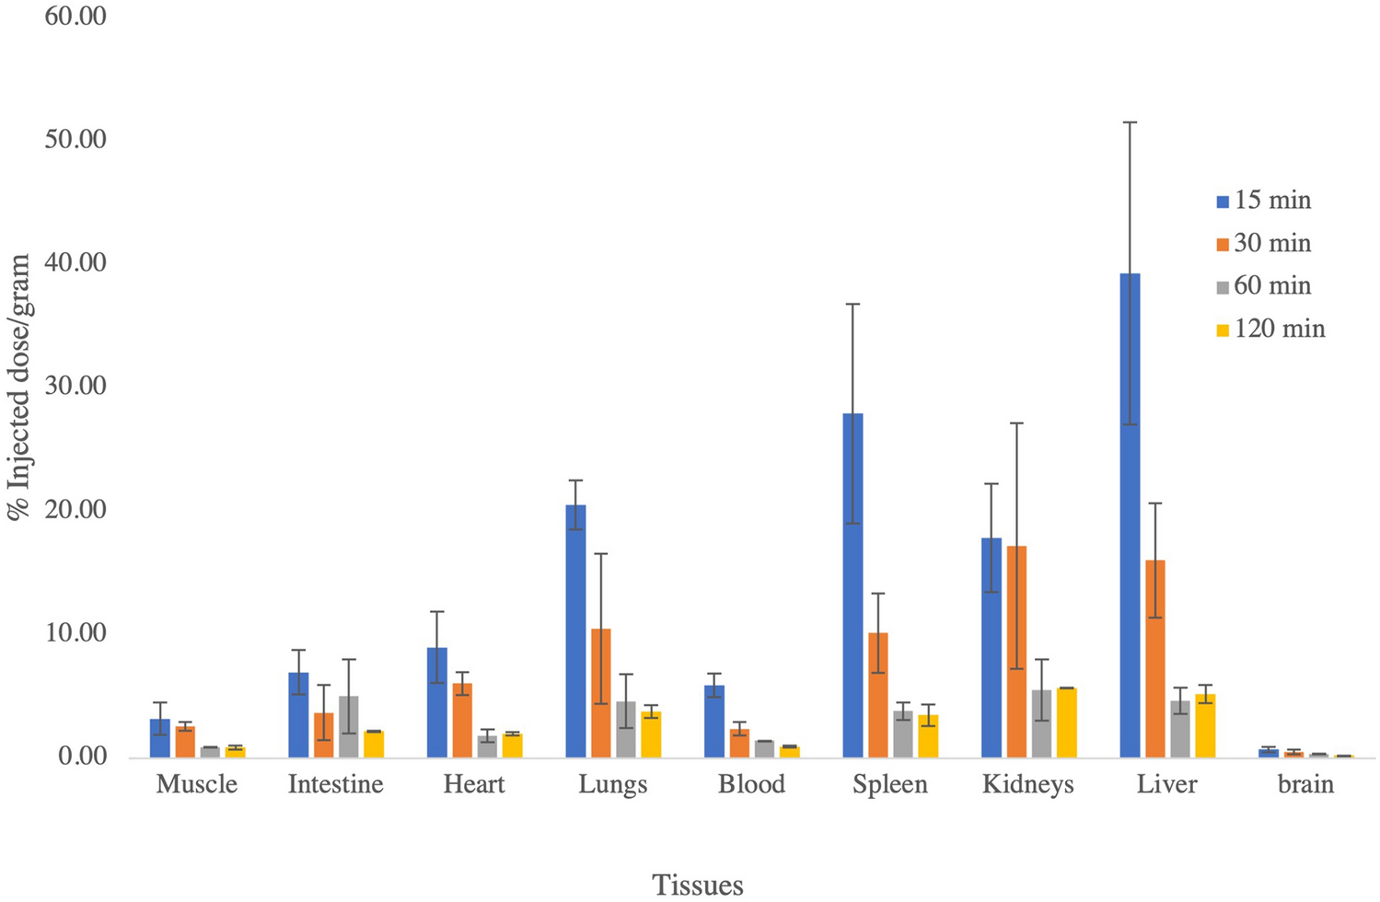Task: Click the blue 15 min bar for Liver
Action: pyautogui.click(x=1130, y=515)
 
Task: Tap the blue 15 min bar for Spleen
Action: pyautogui.click(x=852, y=585)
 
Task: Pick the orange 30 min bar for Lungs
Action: pyautogui.click(x=601, y=693)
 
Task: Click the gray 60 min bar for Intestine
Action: pyautogui.click(x=349, y=727)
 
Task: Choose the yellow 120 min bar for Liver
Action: pyautogui.click(x=1205, y=726)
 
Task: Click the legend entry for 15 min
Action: pyautogui.click(x=1263, y=201)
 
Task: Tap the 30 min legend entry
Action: pyautogui.click(x=1263, y=244)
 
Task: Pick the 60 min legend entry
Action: pyautogui.click(x=1263, y=286)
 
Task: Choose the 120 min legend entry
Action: pyautogui.click(x=1270, y=330)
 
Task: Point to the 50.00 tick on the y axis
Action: pyautogui.click(x=75, y=139)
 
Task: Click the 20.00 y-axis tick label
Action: pyautogui.click(x=75, y=510)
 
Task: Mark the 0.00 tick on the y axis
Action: pyautogui.click(x=83, y=757)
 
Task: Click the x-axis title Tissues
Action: pyautogui.click(x=698, y=885)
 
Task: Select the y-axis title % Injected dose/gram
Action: pyautogui.click(x=20, y=387)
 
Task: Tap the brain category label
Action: pyautogui.click(x=1305, y=784)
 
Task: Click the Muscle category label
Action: pyautogui.click(x=197, y=784)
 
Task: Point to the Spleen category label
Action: pyautogui.click(x=890, y=784)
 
